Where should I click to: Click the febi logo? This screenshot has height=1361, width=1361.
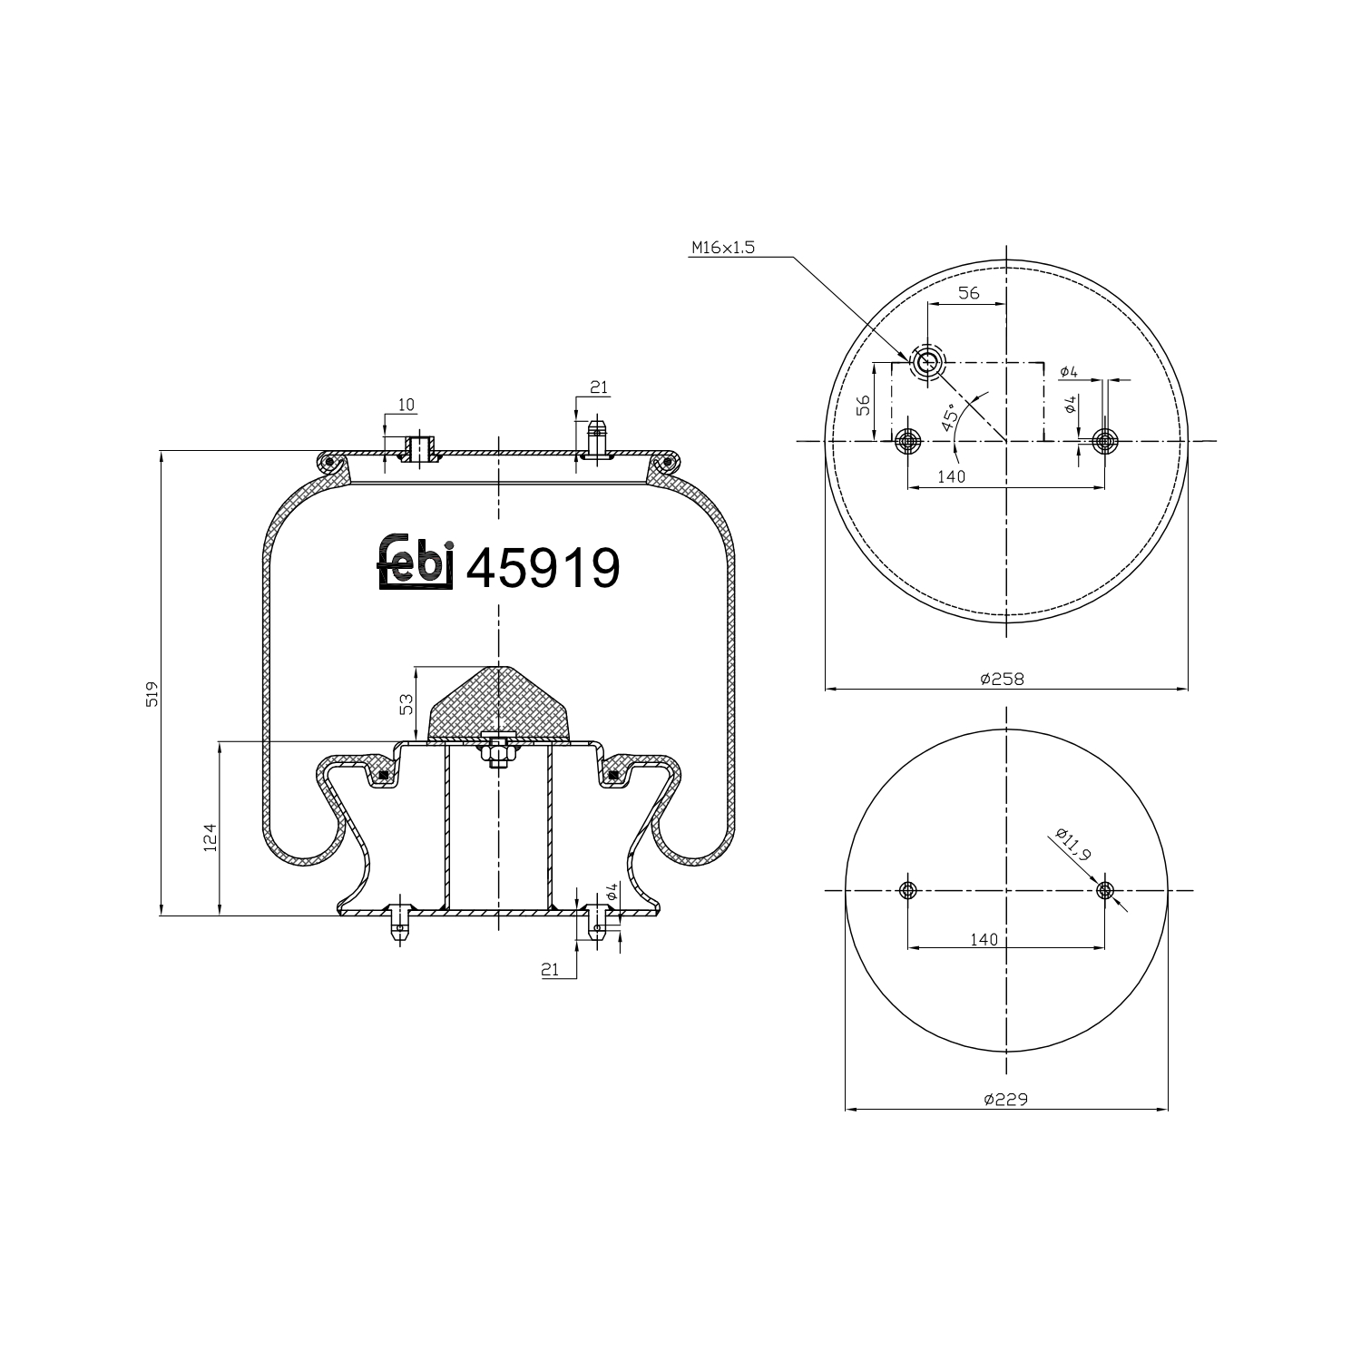(415, 563)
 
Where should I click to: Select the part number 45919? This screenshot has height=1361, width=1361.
(543, 568)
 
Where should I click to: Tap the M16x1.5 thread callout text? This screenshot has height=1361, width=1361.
(722, 248)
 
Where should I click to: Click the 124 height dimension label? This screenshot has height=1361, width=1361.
(210, 836)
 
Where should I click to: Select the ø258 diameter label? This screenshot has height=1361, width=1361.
(1002, 679)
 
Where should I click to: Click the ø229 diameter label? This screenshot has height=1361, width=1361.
(1004, 1099)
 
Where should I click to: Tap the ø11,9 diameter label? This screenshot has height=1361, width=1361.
(1073, 845)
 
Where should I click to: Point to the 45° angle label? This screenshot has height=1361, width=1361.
(949, 416)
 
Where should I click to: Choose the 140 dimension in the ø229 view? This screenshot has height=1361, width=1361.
(983, 939)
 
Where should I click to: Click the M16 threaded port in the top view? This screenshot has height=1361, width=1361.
(927, 363)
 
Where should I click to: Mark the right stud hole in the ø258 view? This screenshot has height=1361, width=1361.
(1104, 441)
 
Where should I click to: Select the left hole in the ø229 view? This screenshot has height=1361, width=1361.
(907, 890)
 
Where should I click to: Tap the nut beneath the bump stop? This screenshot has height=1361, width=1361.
(496, 752)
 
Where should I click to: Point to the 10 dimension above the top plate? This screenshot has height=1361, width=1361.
(405, 404)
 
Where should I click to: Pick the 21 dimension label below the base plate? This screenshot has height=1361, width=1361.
(549, 970)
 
